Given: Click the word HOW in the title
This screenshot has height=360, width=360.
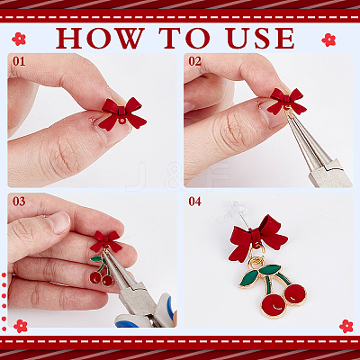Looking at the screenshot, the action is tap(100, 38).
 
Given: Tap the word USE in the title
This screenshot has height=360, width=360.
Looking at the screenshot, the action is tap(260, 38).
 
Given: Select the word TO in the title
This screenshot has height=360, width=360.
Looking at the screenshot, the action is tap(184, 38).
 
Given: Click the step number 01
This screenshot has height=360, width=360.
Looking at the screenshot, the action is tap(19, 61).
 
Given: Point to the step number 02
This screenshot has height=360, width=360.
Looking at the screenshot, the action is tap(195, 61).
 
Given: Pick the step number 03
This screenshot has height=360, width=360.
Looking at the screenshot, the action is tap(19, 202).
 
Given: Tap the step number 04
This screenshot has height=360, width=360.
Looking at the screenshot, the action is tap(195, 202).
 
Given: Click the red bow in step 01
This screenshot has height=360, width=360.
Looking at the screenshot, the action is tap(122, 113).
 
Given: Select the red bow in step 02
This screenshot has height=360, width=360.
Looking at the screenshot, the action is tap(286, 101).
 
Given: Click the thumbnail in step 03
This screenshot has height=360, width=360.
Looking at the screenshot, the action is tap(60, 222).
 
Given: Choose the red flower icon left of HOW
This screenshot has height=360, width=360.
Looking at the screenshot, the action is tap(19, 39).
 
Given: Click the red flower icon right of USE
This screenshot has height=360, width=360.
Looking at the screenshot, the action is tap(328, 40).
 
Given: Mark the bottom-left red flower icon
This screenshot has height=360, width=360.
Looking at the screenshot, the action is tap(21, 326).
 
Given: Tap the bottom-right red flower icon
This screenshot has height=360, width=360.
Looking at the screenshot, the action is tap(346, 326).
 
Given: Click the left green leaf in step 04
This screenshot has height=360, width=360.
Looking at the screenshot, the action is tap(248, 278).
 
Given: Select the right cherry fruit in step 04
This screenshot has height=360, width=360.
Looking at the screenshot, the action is tap(294, 294).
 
